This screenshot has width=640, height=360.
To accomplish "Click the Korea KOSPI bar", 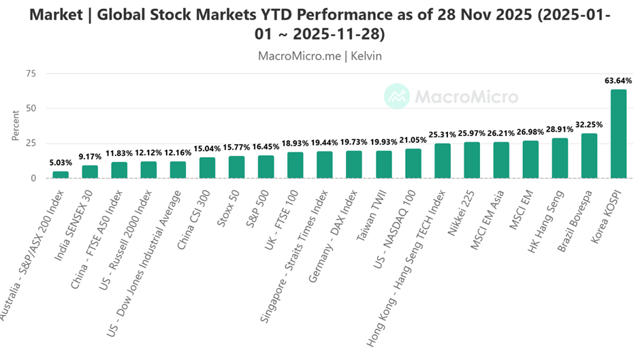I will tap(618, 133).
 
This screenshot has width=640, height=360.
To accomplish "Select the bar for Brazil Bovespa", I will tap(588, 156).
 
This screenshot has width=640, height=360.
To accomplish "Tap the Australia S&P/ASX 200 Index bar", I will tap(61, 174).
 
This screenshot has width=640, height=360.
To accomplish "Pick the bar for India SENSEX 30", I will tap(90, 171).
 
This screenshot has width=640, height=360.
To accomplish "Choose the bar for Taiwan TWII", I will tap(383, 164).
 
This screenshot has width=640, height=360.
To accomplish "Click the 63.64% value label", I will tap(618, 81).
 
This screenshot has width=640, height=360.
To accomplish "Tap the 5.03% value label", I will tap(61, 163).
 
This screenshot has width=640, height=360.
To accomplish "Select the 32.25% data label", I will tap(588, 125).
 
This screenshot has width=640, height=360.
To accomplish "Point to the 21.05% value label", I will tap(413, 140).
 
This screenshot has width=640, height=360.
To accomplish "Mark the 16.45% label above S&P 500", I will tap(266, 147).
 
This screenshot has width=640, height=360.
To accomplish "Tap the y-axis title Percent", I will tap(16, 126).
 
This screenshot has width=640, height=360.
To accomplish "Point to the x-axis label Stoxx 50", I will tap(225, 203).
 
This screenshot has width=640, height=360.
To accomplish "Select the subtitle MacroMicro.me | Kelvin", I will tap(320, 56).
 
